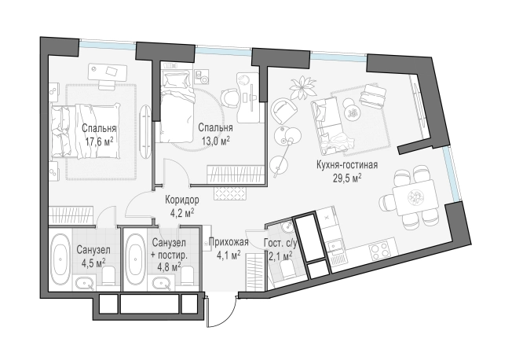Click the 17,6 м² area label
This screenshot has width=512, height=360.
point(99,141)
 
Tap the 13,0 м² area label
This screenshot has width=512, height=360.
point(215,141)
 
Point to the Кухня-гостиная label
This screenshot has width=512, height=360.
point(347,165)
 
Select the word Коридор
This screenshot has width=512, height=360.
point(182,200)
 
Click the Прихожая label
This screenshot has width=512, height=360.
point(229,242)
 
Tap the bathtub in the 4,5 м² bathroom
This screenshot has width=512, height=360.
point(60,259)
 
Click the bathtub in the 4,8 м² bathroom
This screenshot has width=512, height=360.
point(135,259)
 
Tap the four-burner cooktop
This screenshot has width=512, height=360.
point(379,251)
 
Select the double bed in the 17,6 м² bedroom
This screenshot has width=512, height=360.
point(86,130)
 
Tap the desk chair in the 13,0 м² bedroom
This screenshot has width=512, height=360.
point(230,98)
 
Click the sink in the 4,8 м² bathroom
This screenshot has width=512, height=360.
point(161,283)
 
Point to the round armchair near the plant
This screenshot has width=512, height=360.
point(283,110)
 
